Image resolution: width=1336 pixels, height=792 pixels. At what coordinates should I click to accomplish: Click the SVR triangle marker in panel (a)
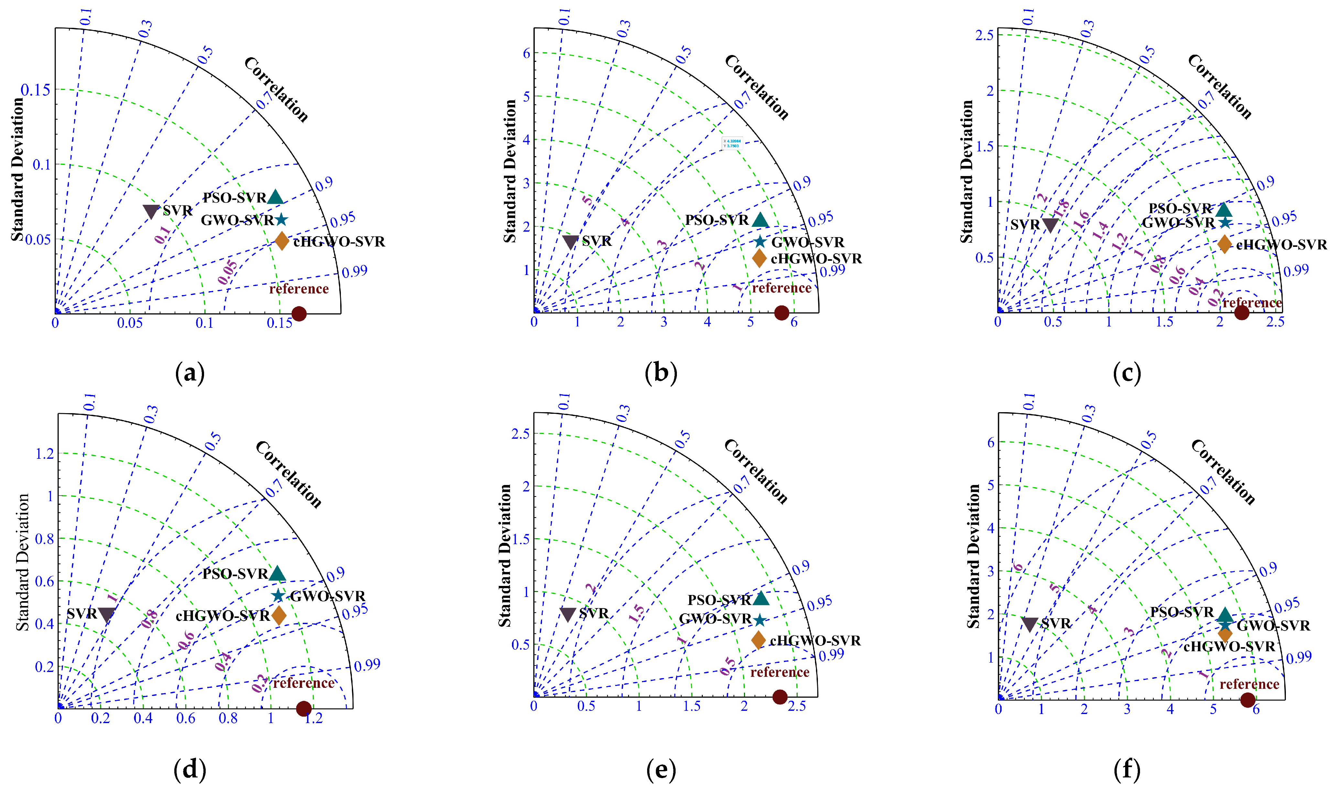151,211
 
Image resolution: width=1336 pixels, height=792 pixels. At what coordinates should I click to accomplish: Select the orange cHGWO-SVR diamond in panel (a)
282,241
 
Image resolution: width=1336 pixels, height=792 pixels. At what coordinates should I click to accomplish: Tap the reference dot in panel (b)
781,313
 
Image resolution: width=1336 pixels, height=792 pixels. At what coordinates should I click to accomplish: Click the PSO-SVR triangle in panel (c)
1224,209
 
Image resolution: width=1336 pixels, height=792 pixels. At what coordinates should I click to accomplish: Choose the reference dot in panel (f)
1247,700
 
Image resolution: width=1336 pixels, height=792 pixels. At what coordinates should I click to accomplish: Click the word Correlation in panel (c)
1220,86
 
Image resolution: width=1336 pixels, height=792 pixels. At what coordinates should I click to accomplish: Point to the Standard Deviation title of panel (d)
22,562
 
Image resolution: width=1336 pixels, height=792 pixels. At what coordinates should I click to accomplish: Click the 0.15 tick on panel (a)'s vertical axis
36,90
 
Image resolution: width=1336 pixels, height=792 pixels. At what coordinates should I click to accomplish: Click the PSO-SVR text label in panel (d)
235,574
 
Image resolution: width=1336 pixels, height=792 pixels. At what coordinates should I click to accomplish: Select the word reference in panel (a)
299,289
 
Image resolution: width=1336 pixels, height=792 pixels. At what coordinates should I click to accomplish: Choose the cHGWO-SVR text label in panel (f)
1229,647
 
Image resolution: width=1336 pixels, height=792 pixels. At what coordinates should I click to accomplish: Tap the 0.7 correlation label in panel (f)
1209,485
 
